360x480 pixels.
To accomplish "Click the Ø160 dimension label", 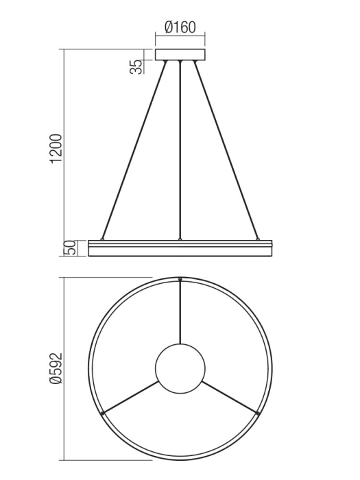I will [x=180, y=27].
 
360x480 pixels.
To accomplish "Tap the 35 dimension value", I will [x=137, y=66].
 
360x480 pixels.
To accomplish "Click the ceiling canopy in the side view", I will [x=180, y=56].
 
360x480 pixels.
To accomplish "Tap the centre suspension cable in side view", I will [x=180, y=151].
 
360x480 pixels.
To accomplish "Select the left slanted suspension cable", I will [x=134, y=151].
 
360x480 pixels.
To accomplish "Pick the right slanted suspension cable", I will [x=226, y=151].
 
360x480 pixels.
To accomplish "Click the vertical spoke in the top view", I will [x=180, y=312].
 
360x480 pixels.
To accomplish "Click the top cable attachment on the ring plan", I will [x=180, y=280].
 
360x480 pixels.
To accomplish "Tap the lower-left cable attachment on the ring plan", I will [x=103, y=413].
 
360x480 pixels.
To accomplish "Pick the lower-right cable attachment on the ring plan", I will [x=257, y=413].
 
